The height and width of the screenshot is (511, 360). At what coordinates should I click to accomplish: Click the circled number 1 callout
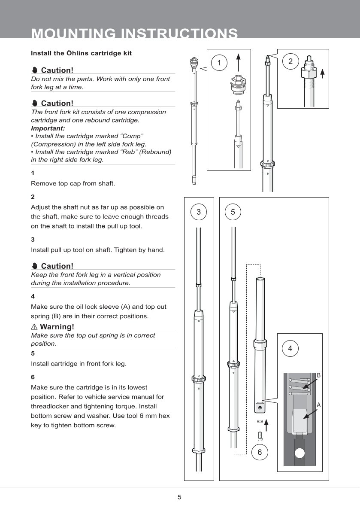click(220, 63)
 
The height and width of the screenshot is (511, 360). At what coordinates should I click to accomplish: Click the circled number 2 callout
click(290, 61)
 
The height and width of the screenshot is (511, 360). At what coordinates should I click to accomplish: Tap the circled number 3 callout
click(198, 212)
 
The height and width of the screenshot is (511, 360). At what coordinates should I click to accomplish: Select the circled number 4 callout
click(290, 348)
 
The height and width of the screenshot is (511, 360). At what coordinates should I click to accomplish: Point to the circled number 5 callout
click(233, 212)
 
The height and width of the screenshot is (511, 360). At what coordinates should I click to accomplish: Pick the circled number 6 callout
click(260, 452)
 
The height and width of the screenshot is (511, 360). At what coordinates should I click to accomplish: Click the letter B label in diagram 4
click(318, 375)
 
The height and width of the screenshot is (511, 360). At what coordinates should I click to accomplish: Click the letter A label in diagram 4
click(318, 405)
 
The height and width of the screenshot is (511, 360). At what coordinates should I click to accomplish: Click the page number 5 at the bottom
click(180, 497)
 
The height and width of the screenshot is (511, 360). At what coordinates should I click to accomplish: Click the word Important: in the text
click(48, 128)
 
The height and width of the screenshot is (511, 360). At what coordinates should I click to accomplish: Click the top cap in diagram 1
click(239, 83)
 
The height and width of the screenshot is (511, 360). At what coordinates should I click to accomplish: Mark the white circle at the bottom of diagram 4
click(299, 453)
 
